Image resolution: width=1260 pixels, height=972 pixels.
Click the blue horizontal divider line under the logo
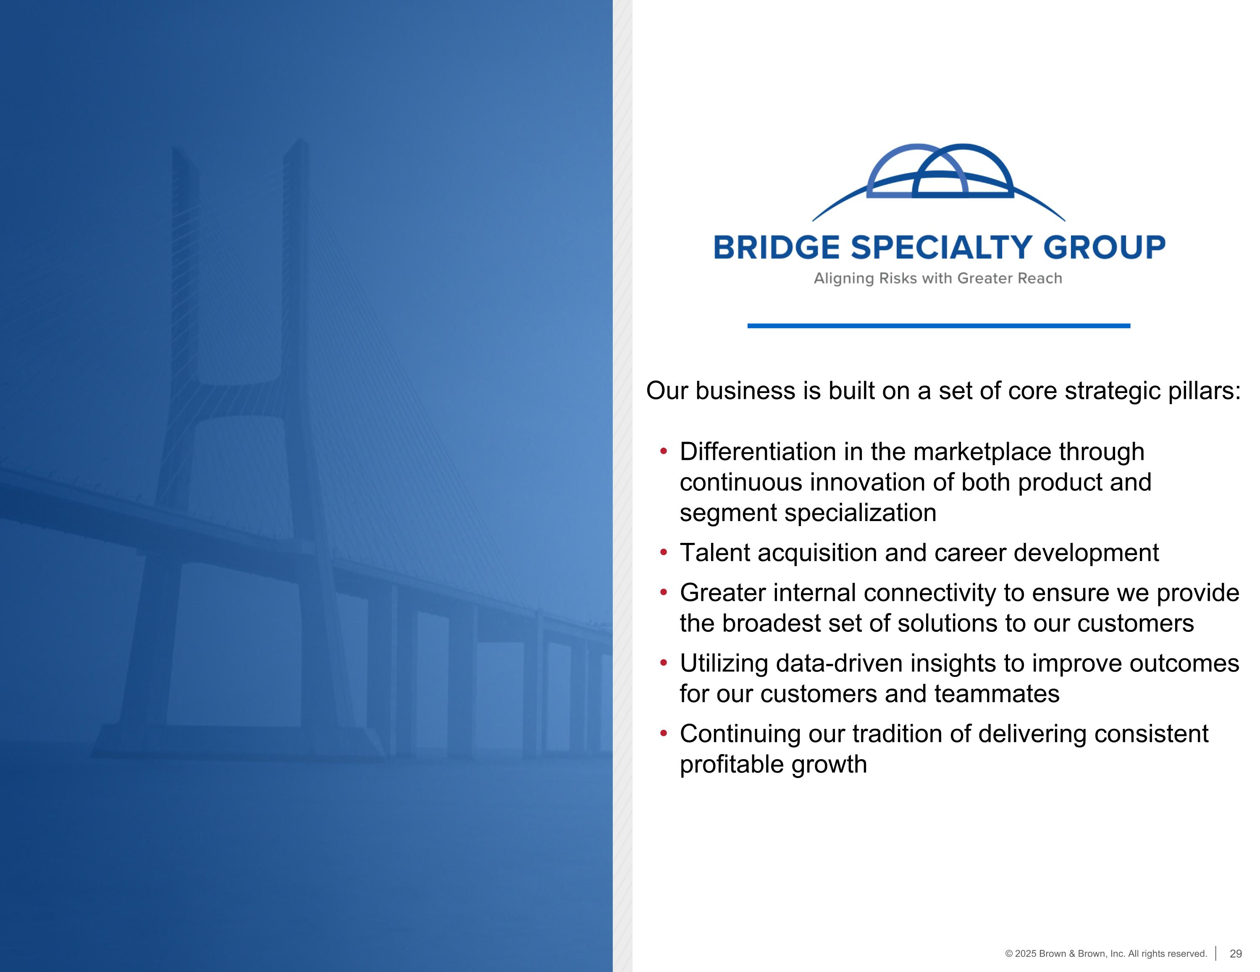coord(939,326)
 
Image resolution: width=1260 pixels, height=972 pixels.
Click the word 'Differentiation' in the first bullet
coord(758,452)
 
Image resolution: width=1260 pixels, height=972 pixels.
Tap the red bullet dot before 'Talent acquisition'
coord(664,553)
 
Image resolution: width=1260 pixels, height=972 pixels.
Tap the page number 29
coord(1236,954)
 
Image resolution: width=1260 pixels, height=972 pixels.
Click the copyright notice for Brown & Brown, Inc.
coord(1106,954)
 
